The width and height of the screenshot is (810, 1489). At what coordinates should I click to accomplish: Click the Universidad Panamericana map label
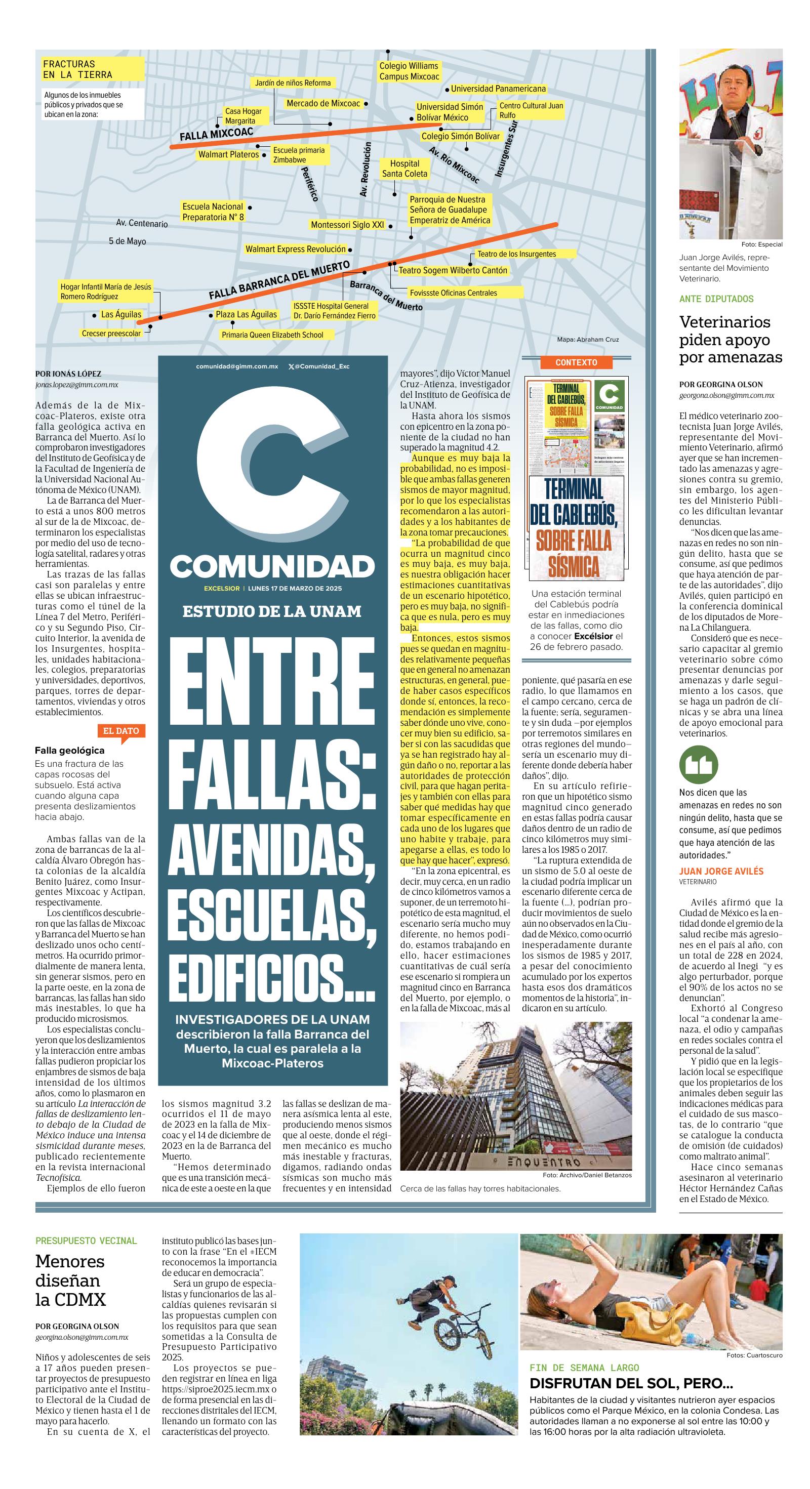498,89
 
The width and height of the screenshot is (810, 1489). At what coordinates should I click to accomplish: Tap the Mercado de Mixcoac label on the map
323,103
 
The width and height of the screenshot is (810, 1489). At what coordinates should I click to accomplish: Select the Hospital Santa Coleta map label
404,169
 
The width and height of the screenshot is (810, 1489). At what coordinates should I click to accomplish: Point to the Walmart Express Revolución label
296,249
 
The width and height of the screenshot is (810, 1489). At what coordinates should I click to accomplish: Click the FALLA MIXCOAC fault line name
216,135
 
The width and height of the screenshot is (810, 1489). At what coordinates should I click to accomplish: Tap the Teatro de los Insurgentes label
516,254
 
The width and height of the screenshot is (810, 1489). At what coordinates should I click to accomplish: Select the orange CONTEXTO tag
575,362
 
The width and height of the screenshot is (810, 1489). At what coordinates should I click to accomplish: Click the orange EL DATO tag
121,731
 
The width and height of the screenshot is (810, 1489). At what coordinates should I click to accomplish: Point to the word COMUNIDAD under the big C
272,566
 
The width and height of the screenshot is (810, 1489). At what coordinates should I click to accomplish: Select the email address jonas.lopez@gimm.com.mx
76,384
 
